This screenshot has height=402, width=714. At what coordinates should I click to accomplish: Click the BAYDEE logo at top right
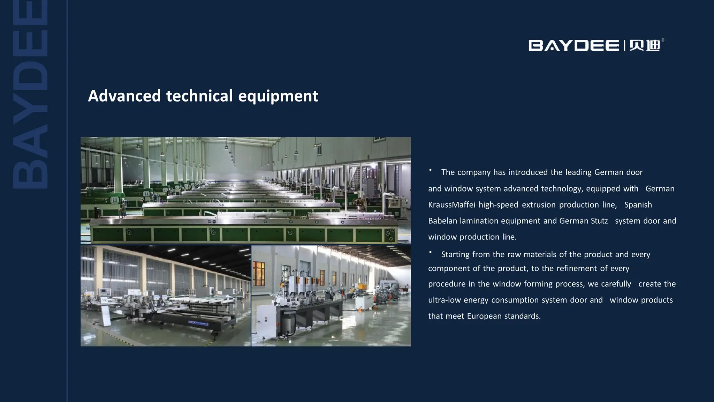tap(574, 46)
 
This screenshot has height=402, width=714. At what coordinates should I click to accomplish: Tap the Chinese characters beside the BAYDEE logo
tap(645, 46)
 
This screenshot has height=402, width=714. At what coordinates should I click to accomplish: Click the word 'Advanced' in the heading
tap(124, 96)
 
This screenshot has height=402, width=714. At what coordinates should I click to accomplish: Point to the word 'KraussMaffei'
tap(451, 205)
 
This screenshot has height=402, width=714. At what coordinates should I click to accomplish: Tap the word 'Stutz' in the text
tap(599, 221)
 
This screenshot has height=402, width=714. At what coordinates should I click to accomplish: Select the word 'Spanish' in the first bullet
tap(638, 205)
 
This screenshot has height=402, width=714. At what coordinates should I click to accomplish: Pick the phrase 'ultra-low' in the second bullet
tap(444, 300)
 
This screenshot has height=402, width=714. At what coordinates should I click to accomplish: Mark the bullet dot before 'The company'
tap(431, 170)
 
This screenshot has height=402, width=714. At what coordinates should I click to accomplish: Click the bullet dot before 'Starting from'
tap(431, 252)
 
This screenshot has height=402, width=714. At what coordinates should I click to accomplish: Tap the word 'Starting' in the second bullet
tap(455, 254)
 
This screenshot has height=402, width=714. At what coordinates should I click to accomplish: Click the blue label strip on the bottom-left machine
tap(198, 323)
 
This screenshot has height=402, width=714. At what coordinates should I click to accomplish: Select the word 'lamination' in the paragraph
tap(479, 221)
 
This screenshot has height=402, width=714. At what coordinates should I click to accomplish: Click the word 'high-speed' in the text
tap(498, 205)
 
